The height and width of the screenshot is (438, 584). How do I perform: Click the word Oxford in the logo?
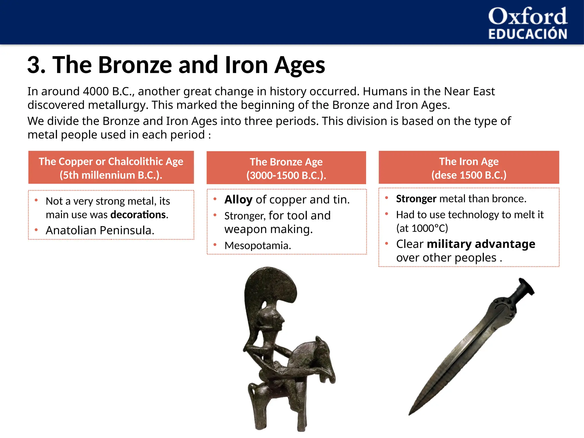528,17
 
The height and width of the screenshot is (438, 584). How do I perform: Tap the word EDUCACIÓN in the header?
528,34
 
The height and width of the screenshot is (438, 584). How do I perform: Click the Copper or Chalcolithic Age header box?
111,168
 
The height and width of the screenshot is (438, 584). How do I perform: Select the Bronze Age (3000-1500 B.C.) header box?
286,168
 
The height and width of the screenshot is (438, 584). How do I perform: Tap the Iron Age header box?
469,168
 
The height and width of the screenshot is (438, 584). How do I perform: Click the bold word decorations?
138,215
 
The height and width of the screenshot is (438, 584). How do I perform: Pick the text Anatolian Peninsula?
100,230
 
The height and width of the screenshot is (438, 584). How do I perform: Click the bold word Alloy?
238,200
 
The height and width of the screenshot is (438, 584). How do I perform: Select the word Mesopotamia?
257,246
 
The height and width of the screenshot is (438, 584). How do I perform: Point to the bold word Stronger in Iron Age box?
416,199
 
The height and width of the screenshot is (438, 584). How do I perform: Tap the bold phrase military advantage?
481,244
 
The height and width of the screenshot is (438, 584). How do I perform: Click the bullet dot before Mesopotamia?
215,245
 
